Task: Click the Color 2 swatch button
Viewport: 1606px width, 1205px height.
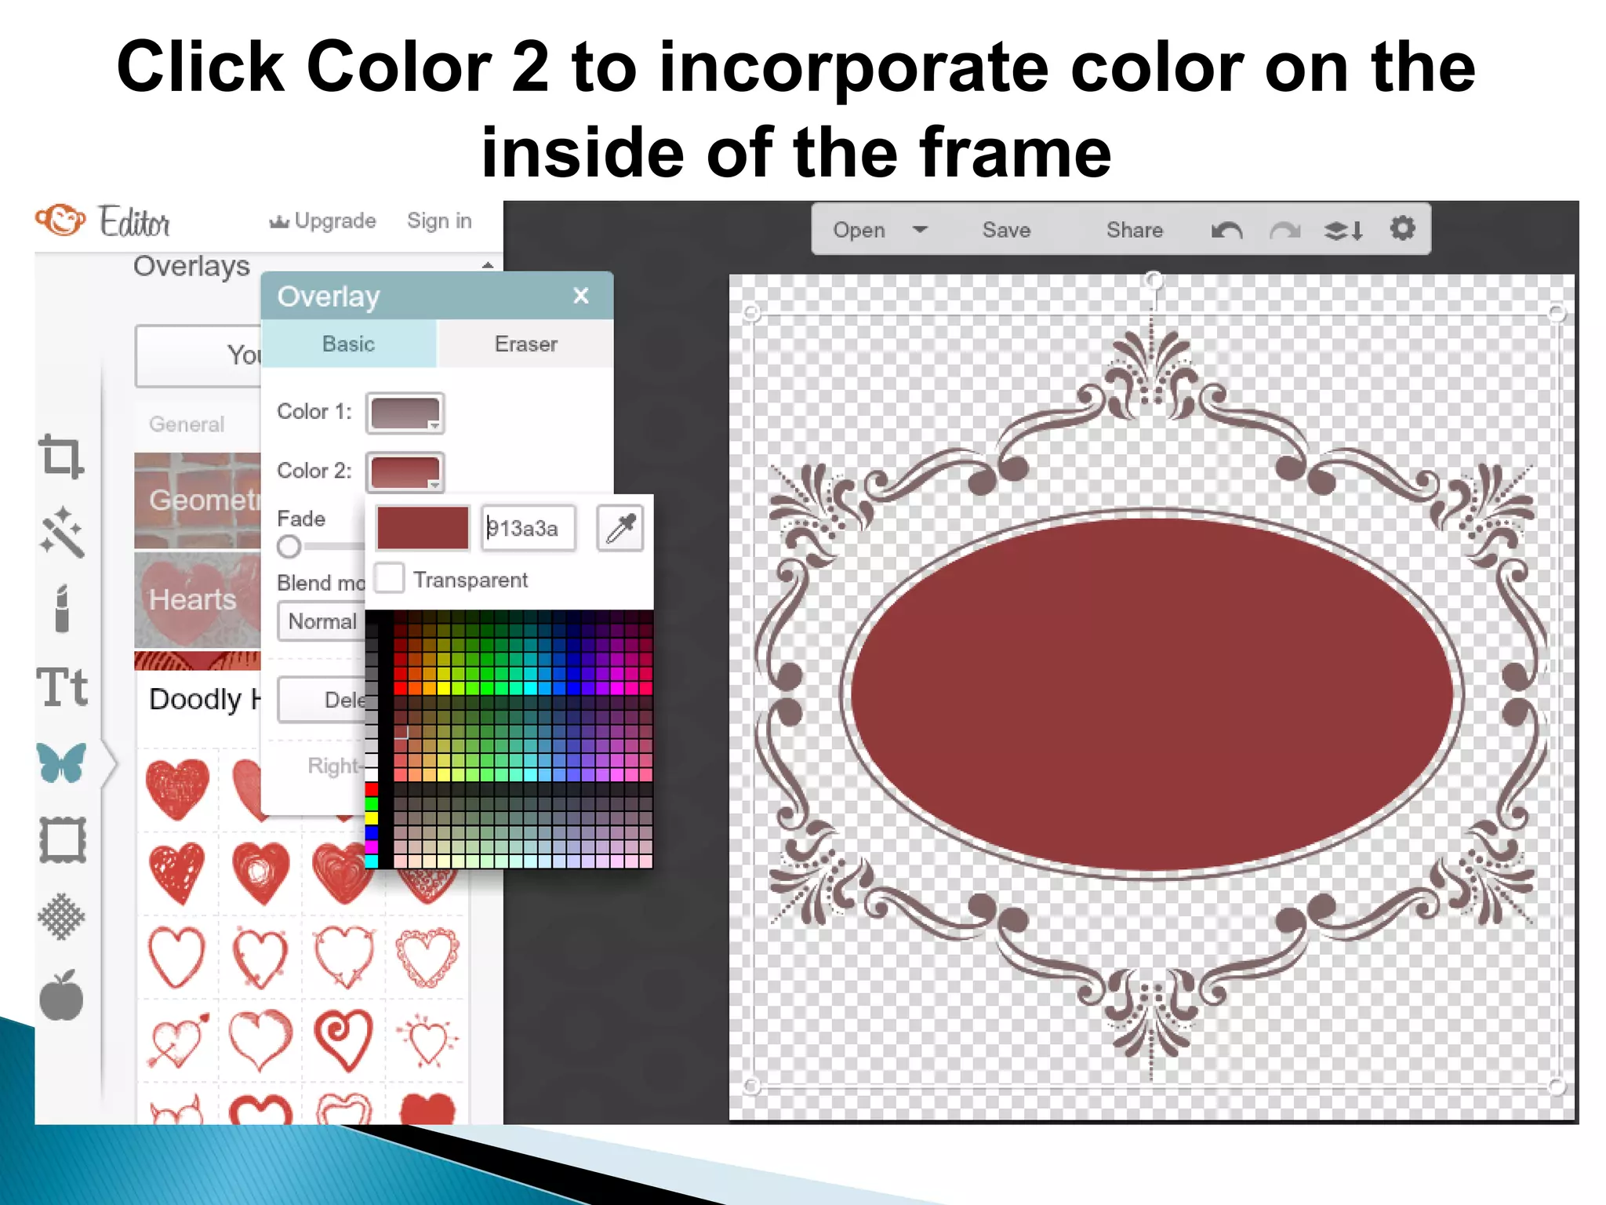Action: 405,471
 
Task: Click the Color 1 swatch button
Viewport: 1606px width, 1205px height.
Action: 405,413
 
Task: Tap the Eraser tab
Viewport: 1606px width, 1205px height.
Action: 525,344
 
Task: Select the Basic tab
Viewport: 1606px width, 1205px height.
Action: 348,344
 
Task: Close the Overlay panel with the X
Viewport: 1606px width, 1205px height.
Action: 580,296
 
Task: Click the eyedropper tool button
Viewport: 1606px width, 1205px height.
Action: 620,528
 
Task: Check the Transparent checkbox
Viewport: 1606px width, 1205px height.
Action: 391,579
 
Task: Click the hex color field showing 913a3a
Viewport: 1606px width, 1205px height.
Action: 527,528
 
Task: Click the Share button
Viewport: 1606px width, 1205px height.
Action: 1134,230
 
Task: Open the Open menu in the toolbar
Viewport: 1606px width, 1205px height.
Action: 879,230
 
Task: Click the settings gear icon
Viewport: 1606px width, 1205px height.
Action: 1402,229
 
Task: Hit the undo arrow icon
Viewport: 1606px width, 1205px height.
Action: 1226,231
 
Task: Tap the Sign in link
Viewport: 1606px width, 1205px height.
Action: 439,221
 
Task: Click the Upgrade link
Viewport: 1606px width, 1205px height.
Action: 323,221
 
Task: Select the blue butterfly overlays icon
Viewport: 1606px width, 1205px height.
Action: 61,763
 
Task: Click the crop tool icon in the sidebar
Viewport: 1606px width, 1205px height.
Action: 61,456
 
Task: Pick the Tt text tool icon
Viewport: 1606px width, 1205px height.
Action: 62,687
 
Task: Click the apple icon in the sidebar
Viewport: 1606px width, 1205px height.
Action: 61,996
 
